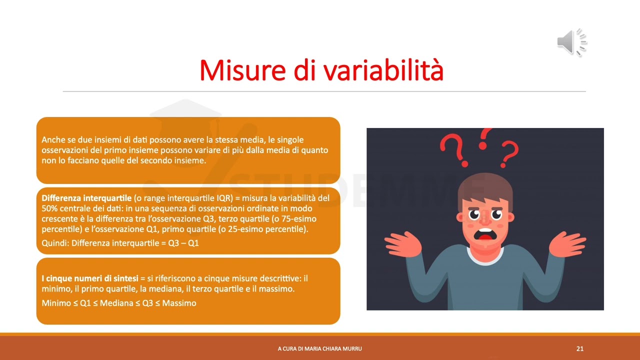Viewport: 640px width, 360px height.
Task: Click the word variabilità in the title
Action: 383,70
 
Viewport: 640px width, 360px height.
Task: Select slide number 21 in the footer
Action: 580,349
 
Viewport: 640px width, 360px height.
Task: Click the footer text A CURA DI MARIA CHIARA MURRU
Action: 320,349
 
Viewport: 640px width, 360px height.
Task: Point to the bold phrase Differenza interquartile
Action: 87,198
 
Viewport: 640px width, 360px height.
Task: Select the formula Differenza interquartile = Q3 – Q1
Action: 120,243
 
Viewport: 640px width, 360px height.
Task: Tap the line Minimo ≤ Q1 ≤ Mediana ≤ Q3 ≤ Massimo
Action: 119,303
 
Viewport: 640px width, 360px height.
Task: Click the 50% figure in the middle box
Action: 50,208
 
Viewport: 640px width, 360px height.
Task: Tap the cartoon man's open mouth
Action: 484,235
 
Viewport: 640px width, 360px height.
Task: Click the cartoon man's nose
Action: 484,219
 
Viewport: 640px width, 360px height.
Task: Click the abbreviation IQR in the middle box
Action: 224,198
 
